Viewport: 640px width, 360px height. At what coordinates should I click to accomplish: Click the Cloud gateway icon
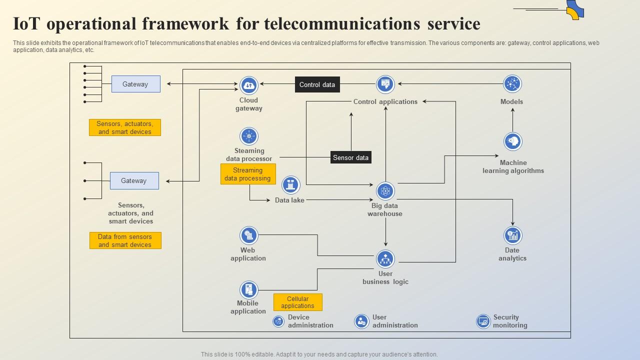248,85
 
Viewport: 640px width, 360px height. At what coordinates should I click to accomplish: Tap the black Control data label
317,84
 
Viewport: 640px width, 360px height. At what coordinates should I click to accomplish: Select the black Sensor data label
350,157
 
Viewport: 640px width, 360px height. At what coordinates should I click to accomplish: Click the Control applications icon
385,84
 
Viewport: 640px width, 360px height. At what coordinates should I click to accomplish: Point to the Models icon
512,84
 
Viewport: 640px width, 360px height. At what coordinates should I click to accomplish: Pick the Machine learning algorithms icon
512,142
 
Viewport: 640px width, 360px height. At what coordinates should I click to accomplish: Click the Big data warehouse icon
385,190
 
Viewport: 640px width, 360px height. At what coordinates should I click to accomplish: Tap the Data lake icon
290,185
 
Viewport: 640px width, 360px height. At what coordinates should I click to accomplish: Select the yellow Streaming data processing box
248,174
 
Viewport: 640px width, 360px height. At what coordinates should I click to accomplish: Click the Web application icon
248,235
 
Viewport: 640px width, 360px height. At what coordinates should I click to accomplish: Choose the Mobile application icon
248,289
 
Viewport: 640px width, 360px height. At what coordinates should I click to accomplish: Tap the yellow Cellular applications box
297,302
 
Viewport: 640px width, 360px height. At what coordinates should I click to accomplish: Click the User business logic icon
385,259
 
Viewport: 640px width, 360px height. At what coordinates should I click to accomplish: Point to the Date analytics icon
512,235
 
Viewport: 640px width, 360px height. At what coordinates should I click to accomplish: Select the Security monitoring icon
483,321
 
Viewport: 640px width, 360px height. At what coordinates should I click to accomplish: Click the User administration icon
361,321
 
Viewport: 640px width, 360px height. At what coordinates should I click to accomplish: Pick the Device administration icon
278,321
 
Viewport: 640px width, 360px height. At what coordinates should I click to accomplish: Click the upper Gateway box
135,84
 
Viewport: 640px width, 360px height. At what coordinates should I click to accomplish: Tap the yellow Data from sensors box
125,240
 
